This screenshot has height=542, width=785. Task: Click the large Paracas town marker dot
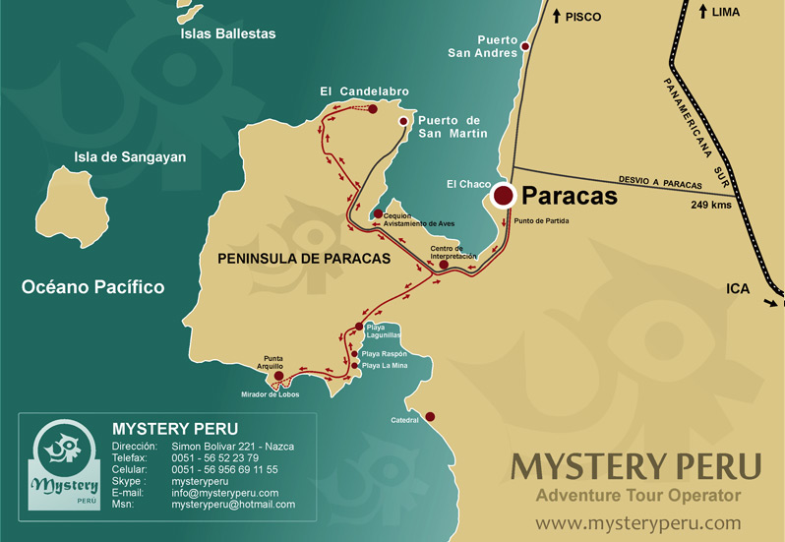[504, 196]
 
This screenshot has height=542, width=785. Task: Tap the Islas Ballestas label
[228, 33]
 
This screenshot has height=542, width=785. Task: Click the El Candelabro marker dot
[373, 108]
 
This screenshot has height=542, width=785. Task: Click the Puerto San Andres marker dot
[525, 46]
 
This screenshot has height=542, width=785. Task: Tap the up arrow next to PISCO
[556, 16]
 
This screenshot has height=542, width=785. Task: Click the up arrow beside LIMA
[702, 12]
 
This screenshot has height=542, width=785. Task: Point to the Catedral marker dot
[429, 417]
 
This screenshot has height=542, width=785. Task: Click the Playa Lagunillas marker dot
[359, 327]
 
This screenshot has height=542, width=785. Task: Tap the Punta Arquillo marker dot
[278, 376]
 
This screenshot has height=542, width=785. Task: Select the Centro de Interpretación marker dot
[444, 265]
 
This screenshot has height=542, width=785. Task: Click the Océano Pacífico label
[93, 287]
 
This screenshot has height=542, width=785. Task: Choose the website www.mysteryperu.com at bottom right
[638, 521]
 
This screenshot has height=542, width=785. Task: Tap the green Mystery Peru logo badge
[64, 466]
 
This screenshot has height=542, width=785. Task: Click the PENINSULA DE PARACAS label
[298, 259]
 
